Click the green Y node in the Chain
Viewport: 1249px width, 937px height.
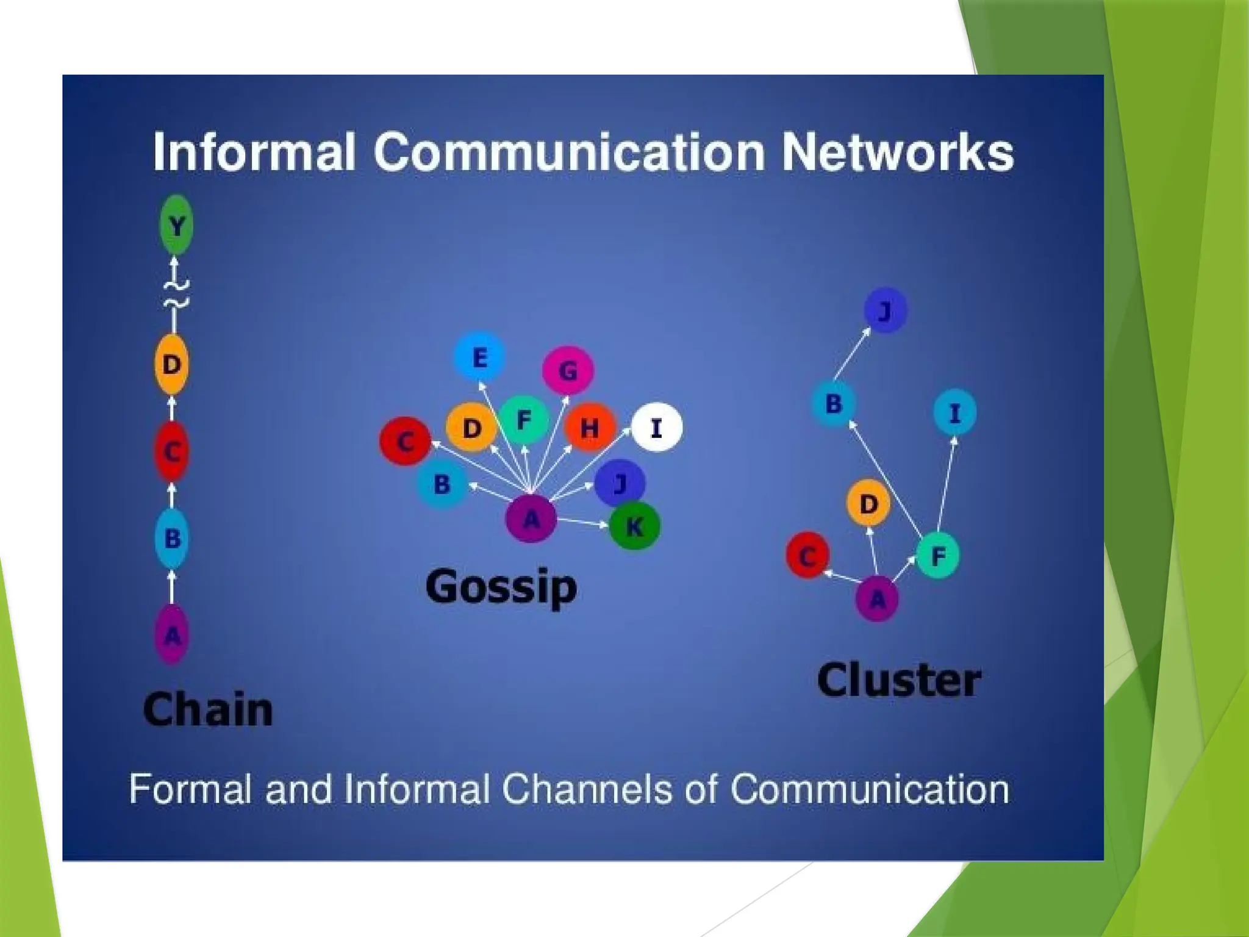tap(176, 225)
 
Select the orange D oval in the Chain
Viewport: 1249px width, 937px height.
tap(171, 364)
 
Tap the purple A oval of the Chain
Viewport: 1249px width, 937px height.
tap(172, 635)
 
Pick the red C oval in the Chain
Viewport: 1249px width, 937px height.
tap(171, 452)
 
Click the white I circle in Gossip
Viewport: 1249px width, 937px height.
tap(656, 428)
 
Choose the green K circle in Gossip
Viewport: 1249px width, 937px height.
tap(634, 526)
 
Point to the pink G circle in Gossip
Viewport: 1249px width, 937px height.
tap(568, 370)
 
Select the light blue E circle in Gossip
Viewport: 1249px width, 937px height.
tap(479, 357)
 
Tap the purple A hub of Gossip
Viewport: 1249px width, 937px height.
tap(531, 519)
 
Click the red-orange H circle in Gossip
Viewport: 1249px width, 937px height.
tap(589, 428)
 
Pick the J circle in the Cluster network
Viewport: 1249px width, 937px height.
tap(885, 311)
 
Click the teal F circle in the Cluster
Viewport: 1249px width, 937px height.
tap(937, 555)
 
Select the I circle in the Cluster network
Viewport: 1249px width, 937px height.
tap(954, 413)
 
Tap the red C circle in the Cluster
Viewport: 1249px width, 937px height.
tap(807, 556)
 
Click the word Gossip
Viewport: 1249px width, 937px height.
tap(501, 587)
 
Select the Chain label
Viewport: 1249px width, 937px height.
tap(208, 709)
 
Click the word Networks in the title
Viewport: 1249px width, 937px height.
tap(898, 153)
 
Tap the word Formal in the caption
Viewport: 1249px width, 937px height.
tap(190, 789)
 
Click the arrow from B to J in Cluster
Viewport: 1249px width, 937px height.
tap(852, 353)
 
